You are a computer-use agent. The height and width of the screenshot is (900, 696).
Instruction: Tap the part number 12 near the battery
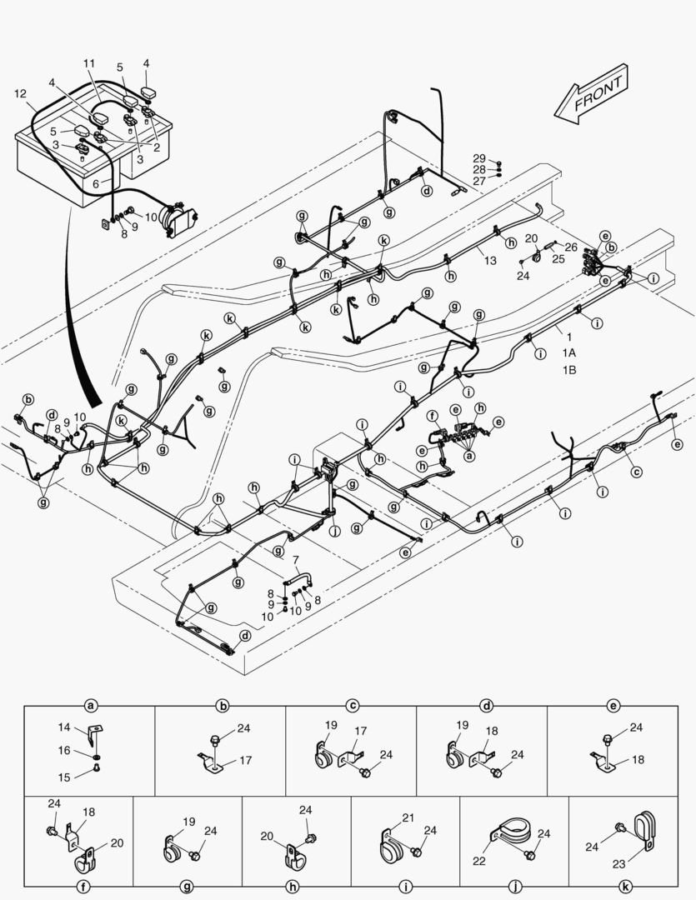[x=20, y=94]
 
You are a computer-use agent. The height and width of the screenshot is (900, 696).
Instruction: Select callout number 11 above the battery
[x=89, y=63]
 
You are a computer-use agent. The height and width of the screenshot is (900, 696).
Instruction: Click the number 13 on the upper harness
[x=490, y=261]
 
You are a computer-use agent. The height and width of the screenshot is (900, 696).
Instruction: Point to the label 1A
[x=568, y=353]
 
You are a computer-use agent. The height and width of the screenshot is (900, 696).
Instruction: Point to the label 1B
[x=568, y=368]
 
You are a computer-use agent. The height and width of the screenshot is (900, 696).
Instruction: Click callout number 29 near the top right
[x=478, y=158]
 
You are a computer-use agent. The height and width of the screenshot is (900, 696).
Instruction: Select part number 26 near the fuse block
[x=570, y=247]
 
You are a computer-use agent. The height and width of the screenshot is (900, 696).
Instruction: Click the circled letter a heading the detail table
[x=90, y=706]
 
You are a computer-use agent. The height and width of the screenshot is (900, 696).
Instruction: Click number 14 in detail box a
[x=65, y=727]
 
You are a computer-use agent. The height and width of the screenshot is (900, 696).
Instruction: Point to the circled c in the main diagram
[x=636, y=472]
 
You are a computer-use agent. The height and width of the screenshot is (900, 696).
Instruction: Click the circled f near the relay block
[x=432, y=415]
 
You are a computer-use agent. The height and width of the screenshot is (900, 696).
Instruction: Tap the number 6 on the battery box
[x=97, y=182]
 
